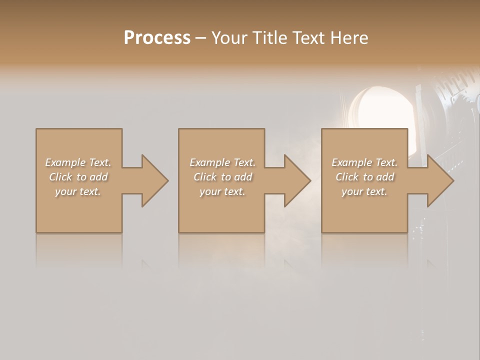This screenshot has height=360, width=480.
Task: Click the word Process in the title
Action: [x=157, y=38]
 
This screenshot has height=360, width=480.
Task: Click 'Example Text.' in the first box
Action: [x=78, y=162]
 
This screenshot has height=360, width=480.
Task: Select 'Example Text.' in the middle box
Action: [x=222, y=162]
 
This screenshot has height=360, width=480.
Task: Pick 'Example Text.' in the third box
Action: [x=364, y=162]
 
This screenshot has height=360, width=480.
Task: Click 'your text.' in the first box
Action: [x=78, y=191]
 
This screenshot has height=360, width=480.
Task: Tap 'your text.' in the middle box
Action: [x=222, y=191]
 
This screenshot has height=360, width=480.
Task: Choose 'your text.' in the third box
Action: [x=364, y=191]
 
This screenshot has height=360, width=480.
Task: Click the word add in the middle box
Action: [x=243, y=177]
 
